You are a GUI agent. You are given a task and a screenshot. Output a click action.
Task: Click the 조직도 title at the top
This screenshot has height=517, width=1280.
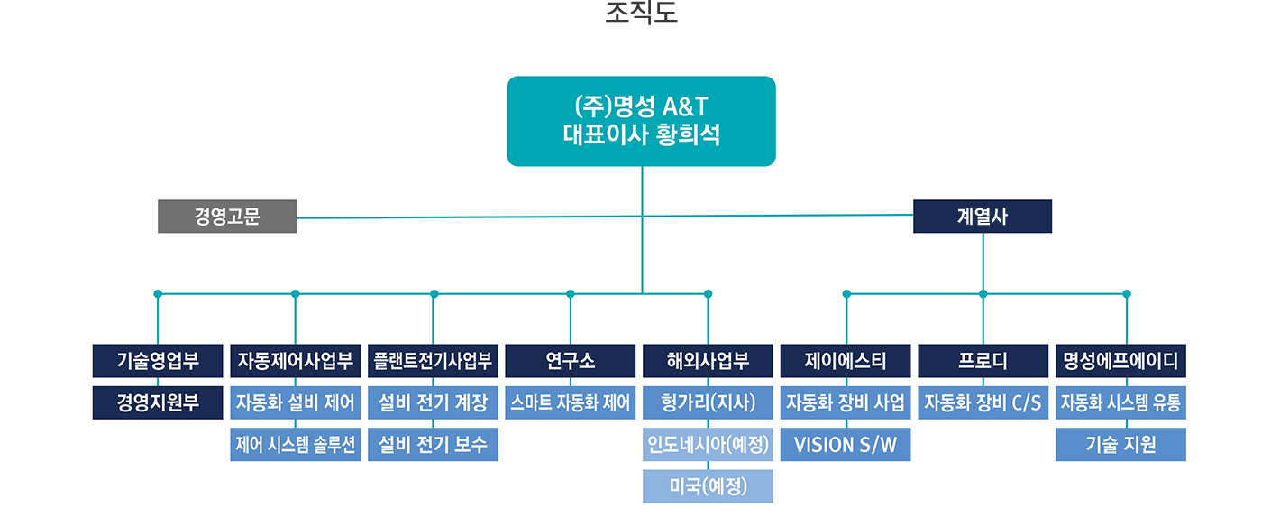(641, 14)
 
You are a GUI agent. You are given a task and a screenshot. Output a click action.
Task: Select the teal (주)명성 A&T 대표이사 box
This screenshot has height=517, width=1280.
(641, 121)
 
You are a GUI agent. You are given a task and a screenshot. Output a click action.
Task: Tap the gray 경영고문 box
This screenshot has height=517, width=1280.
(227, 217)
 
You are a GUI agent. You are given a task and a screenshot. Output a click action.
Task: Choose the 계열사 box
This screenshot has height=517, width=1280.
(982, 217)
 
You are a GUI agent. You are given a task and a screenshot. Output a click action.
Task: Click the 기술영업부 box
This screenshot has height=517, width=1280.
(158, 361)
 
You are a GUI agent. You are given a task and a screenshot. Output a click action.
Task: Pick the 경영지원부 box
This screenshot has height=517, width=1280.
(158, 402)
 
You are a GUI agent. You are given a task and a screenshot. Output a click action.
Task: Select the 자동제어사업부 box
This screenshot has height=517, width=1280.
(296, 361)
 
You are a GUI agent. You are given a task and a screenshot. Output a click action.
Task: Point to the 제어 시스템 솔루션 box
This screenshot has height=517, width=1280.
(296, 444)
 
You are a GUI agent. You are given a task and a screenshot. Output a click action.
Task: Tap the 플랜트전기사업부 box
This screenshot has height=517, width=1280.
(434, 361)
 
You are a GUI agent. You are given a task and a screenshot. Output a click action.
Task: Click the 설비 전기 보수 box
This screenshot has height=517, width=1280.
(434, 444)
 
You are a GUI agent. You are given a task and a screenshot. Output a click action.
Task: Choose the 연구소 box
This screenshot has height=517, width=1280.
(571, 361)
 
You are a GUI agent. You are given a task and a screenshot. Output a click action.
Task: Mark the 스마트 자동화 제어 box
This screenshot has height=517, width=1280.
(571, 402)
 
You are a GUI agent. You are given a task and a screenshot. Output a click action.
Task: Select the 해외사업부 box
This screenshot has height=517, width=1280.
(708, 361)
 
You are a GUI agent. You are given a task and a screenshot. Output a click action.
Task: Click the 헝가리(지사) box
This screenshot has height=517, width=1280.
(708, 402)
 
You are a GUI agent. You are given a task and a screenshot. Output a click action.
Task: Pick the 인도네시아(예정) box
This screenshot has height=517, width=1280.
(708, 444)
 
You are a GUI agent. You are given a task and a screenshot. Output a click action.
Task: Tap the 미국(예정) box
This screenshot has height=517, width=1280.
(708, 486)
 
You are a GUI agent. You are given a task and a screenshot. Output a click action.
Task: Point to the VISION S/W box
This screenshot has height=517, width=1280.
(846, 444)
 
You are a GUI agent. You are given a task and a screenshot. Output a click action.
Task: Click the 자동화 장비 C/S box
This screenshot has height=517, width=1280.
(983, 402)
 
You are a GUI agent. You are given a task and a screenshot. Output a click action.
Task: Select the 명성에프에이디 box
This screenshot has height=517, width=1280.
(1120, 361)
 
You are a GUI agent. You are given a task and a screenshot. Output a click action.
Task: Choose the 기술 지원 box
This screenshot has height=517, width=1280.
(1120, 444)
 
